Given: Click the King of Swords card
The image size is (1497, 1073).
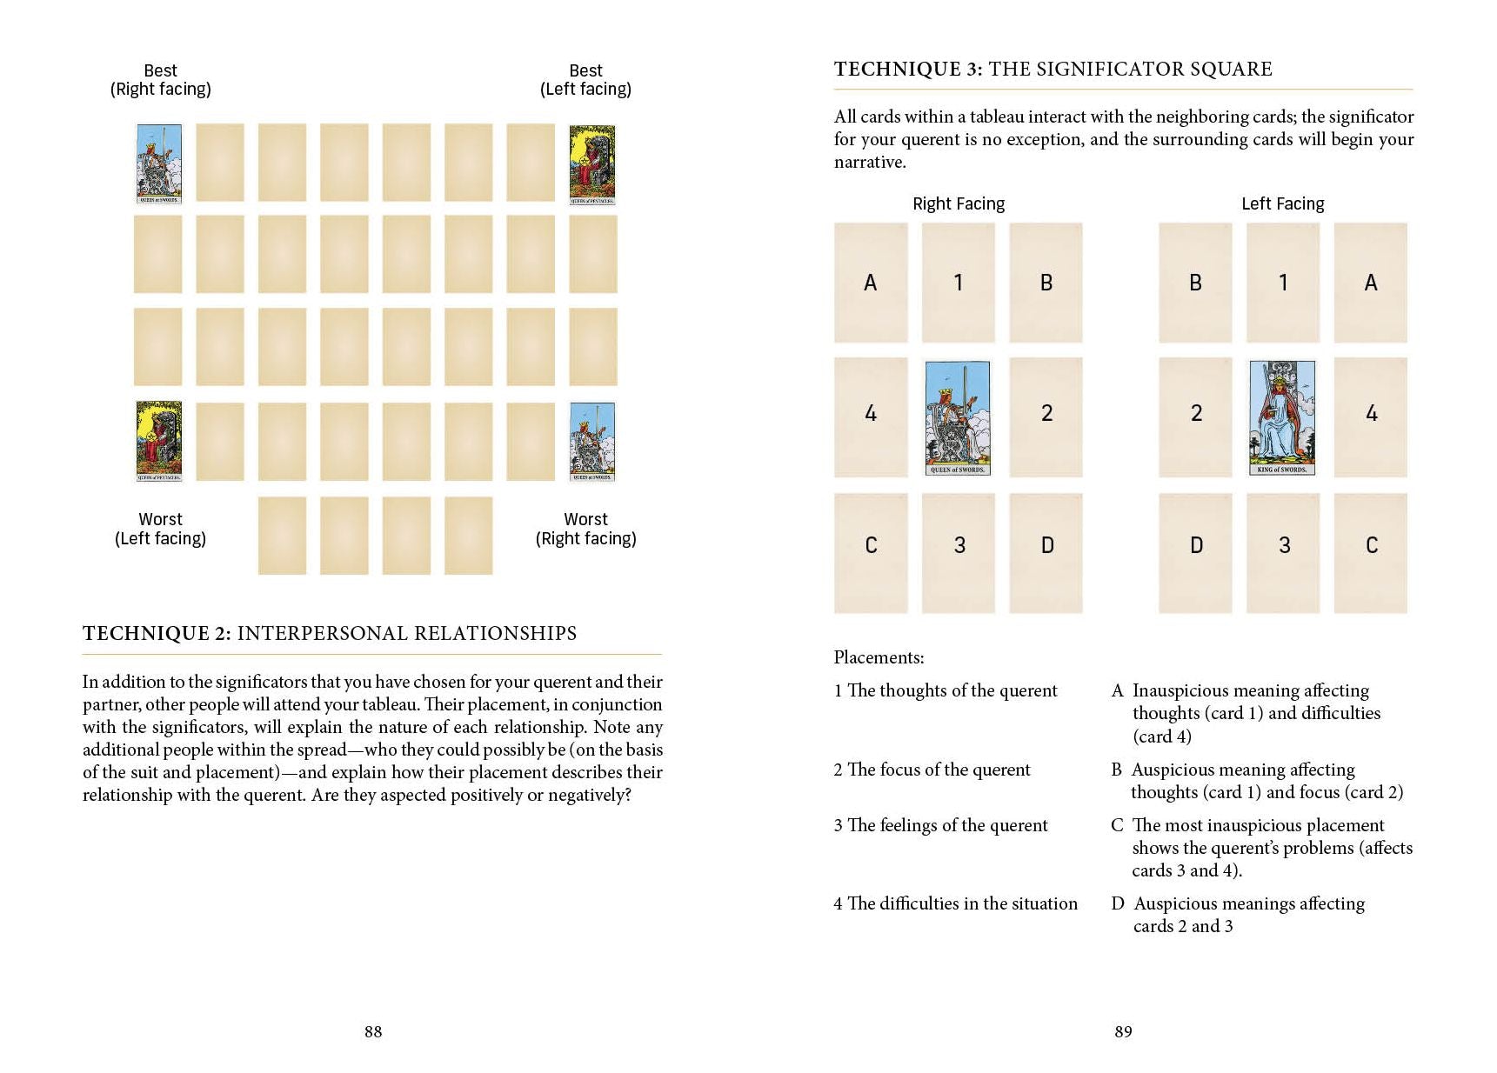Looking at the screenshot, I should [x=1282, y=417].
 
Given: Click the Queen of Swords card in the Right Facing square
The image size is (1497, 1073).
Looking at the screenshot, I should [x=958, y=417].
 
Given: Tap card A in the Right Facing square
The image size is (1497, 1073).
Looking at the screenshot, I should [x=870, y=283].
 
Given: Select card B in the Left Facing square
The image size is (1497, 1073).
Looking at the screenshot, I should [x=1195, y=283].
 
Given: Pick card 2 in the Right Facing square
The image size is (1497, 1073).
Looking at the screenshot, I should [x=1046, y=414].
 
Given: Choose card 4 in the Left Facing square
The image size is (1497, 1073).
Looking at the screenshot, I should [x=1371, y=414].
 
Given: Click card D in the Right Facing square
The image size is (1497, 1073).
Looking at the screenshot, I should [x=1046, y=546].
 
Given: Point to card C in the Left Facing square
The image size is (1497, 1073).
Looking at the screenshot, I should [x=1371, y=546].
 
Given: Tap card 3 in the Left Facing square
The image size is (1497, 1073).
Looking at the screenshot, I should [x=1283, y=546].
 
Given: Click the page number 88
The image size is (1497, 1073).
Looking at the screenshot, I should [x=373, y=1031].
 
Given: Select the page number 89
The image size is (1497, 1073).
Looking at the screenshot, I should [x=1123, y=1031].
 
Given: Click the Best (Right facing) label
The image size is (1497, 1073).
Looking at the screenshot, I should [x=161, y=80].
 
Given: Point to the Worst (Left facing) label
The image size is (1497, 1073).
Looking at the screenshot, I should [x=161, y=529].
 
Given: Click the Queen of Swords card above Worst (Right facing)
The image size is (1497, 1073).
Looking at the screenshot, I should [x=592, y=442].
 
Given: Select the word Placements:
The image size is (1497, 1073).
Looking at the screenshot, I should [x=879, y=657].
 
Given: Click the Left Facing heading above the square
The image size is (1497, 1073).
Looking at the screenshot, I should [x=1282, y=203].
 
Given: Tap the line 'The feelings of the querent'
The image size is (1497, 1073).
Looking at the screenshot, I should [x=946, y=825].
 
